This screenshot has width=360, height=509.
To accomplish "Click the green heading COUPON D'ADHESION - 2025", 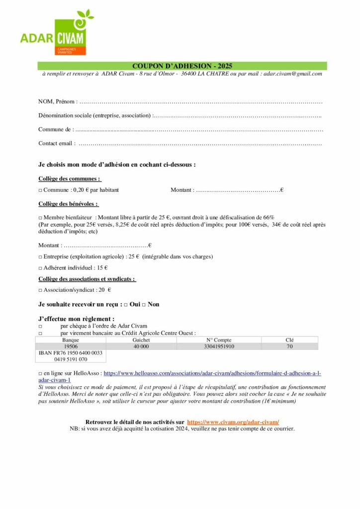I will (x=182, y=66).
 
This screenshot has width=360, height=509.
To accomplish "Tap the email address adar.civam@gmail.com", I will (x=293, y=74).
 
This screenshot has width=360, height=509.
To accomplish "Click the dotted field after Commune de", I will (x=199, y=130).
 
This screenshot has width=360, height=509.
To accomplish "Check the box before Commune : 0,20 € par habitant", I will (x=40, y=190).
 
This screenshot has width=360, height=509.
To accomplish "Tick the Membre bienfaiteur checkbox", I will (x=40, y=218).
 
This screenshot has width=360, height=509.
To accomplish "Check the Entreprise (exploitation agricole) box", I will (x=40, y=257).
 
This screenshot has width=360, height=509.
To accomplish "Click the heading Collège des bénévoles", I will (x=68, y=204).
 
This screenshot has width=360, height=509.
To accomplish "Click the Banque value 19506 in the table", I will (x=71, y=346).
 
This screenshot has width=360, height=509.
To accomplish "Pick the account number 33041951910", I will (x=219, y=346).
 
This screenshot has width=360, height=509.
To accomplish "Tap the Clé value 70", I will (x=290, y=346).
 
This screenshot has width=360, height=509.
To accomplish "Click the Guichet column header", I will (x=141, y=340).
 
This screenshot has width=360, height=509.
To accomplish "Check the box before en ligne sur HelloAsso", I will (x=40, y=372).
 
